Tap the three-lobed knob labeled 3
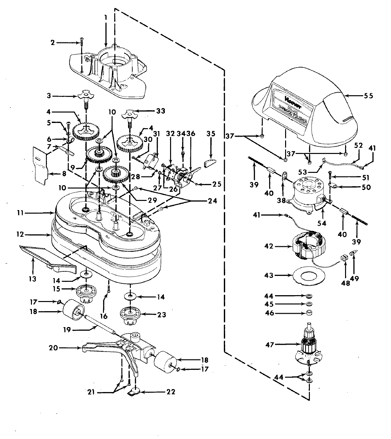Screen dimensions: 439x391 (x=86, y=96)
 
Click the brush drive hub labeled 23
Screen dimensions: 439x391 (x=130, y=315)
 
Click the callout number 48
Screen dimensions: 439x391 (x=345, y=283)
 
